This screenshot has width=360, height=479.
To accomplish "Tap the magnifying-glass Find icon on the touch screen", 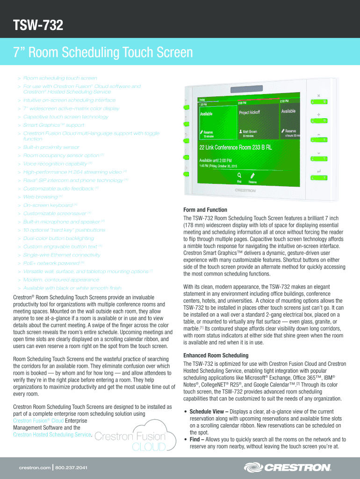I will pos(239,174).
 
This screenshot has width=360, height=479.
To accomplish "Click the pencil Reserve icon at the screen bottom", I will pos(252,175).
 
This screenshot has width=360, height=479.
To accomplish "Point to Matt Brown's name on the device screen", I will pos(250,131).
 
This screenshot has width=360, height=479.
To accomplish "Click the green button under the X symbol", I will pos(319,102).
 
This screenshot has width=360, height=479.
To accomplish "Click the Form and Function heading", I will pos(205,210).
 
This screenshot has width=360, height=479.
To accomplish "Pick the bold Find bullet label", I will pos(196,440).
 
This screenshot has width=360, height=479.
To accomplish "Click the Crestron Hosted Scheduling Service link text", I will pos(52,435).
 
